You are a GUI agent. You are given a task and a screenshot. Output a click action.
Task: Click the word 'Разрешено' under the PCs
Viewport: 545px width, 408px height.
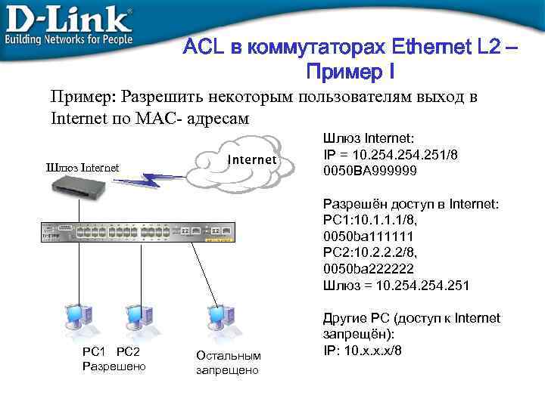[x=114, y=366]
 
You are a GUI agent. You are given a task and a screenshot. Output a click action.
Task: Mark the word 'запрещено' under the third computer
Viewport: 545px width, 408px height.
[x=227, y=370]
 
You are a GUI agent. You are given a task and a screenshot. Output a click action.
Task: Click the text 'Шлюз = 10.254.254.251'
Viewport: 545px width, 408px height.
[x=396, y=286]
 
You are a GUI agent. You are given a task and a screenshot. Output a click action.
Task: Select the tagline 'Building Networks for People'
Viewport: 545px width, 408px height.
[x=68, y=39]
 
